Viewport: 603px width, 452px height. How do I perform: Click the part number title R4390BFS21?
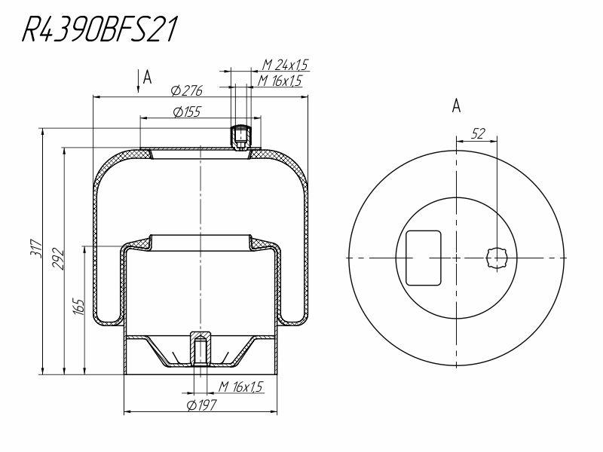99,29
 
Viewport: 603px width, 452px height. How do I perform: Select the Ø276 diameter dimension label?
186,90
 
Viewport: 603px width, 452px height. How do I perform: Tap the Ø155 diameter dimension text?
187,111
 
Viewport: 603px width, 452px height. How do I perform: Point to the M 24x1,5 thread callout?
286,65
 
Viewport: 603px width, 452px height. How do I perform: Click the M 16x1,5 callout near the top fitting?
280,81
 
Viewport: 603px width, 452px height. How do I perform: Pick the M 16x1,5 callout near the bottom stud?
240,386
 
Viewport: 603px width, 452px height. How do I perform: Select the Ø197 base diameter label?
201,405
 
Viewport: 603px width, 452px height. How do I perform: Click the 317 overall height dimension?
36,249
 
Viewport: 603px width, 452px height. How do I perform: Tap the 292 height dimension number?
58,259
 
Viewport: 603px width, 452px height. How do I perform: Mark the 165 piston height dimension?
78,307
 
